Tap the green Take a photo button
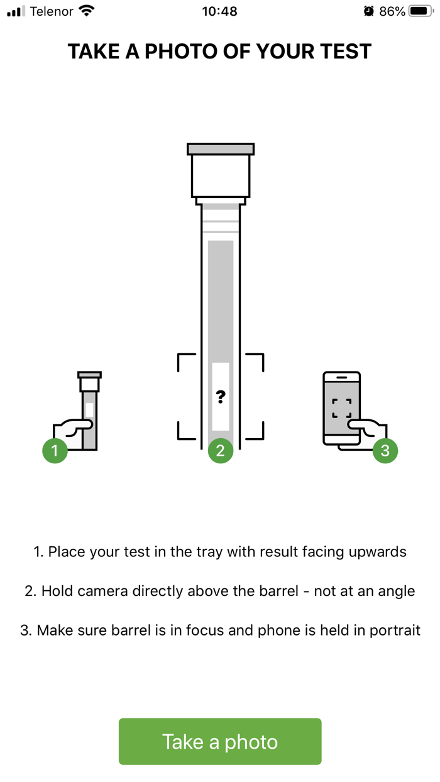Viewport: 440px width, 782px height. pos(220,741)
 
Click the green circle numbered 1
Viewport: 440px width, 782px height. pos(55,450)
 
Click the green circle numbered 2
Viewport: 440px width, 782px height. pos(221,450)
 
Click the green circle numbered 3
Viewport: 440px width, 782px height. pos(385,450)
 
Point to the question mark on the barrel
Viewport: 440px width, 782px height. pos(221,397)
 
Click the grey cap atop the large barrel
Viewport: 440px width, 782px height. pos(221,149)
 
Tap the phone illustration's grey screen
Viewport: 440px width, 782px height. pos(341,409)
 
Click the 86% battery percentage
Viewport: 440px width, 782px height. pos(392,11)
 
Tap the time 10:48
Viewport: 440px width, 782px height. pos(219,11)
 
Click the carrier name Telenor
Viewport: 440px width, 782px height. pos(52,11)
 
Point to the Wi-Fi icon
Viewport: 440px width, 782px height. pos(86,11)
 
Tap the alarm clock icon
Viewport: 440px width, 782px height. pos(369,11)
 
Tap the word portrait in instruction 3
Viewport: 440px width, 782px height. pos(395,631)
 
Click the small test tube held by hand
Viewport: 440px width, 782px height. pos(89,410)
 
